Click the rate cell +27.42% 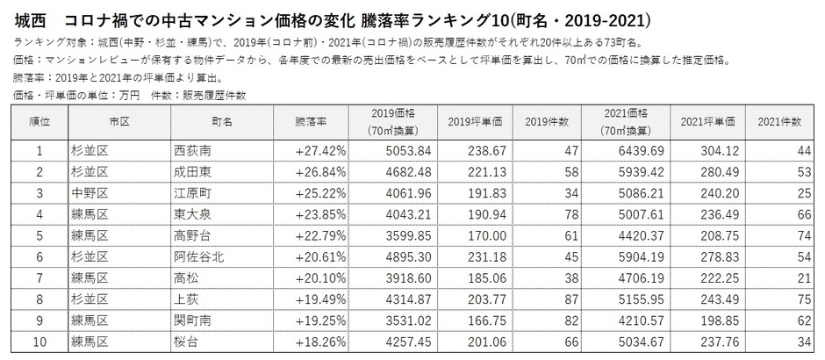click(x=321, y=151)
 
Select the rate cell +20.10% click(x=321, y=267)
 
